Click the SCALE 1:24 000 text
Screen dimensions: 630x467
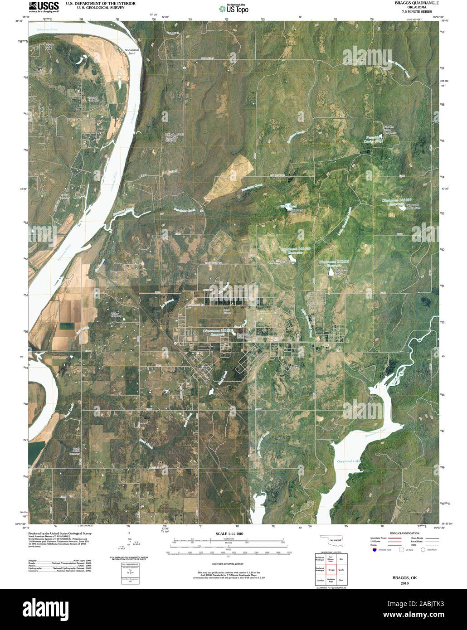229,534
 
